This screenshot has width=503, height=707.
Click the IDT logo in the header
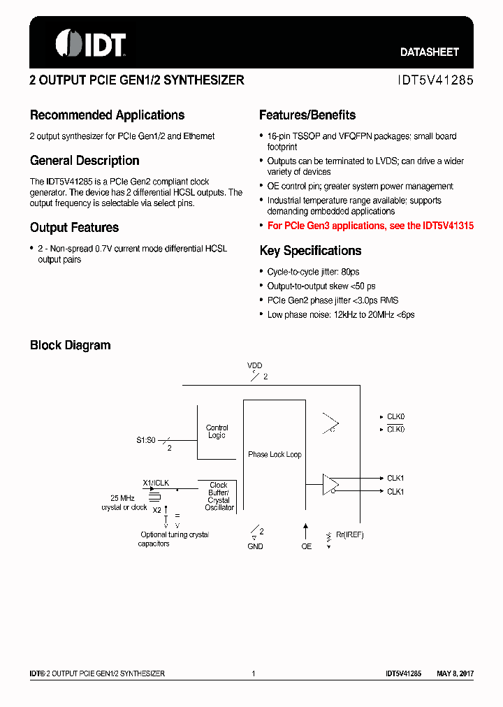click(89, 43)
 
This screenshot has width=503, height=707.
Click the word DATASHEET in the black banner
click(429, 52)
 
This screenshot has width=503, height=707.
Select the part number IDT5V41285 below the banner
click(435, 80)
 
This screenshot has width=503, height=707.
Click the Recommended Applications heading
click(107, 115)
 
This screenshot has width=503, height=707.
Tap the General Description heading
click(85, 161)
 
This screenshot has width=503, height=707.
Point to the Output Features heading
click(74, 228)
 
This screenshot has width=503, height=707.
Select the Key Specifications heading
click(310, 251)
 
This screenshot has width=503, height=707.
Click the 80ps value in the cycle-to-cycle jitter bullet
click(350, 272)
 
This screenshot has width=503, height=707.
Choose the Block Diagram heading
click(70, 345)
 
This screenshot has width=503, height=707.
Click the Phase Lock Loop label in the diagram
click(275, 455)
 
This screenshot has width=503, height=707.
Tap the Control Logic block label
click(217, 432)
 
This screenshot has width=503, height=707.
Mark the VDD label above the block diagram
click(255, 365)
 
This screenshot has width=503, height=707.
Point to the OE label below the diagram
click(306, 546)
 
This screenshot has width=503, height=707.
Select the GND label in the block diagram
click(255, 546)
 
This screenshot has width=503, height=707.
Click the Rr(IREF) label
click(350, 535)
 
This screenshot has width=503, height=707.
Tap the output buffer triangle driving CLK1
click(330, 484)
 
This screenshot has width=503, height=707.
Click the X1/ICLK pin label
click(156, 483)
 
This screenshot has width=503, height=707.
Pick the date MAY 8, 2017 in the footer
click(455, 673)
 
